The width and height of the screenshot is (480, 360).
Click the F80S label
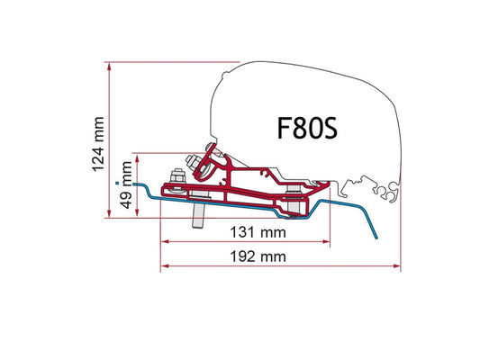pos(307,128)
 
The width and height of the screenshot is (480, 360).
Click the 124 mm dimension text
pos(98,144)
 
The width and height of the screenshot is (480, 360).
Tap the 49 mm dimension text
pos(126,185)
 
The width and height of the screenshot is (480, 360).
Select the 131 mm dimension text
pos(258,232)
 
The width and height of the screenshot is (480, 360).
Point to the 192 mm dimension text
pos(258,256)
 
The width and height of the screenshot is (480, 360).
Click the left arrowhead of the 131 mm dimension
pos(165,241)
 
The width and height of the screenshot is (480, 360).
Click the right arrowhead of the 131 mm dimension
pos(326,241)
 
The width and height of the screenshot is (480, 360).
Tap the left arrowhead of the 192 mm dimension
pos(165,266)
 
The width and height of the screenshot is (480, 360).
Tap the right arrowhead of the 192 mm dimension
pos(396,266)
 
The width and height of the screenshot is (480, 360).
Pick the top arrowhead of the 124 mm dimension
pos(109,67)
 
